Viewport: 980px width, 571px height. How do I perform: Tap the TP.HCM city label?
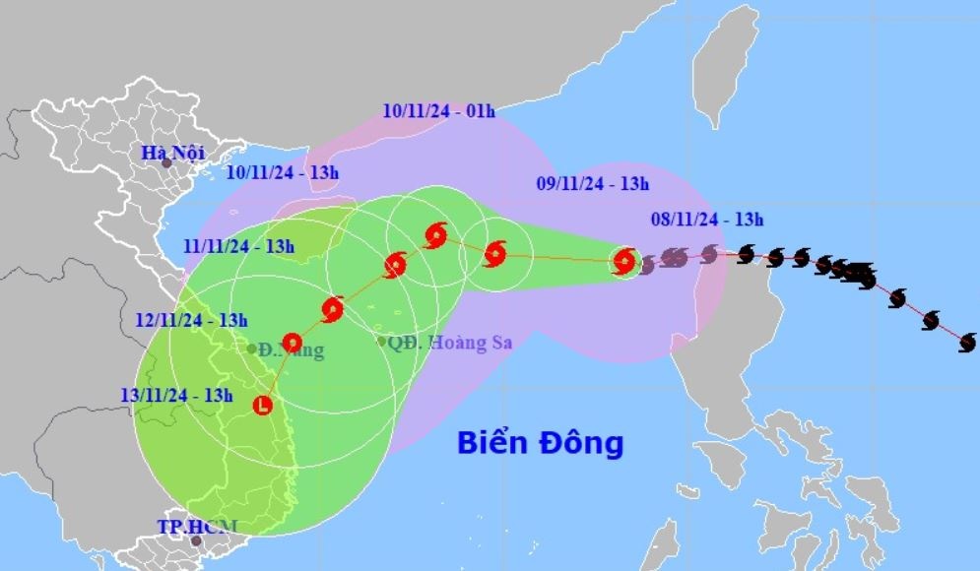198,526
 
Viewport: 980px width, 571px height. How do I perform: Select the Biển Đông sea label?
540,443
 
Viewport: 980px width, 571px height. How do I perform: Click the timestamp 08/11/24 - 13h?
707,220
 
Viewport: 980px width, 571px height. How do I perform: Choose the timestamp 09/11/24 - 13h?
593,183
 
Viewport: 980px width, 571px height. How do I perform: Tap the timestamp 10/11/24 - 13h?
282,173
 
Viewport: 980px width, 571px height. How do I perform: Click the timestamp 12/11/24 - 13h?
191,320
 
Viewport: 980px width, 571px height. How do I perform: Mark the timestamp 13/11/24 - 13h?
176,396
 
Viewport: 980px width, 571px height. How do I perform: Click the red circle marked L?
263,404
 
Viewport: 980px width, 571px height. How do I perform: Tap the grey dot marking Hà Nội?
166,162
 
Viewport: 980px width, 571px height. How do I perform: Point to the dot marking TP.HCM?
196,540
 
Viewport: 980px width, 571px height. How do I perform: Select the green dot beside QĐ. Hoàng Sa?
382,342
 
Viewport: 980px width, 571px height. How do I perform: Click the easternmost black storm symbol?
967,343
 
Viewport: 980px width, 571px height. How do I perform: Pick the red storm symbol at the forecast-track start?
623,261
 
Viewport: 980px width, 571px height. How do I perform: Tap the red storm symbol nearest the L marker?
292,343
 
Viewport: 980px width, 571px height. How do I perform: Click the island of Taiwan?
724,64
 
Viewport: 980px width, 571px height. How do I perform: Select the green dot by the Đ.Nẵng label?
252,349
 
